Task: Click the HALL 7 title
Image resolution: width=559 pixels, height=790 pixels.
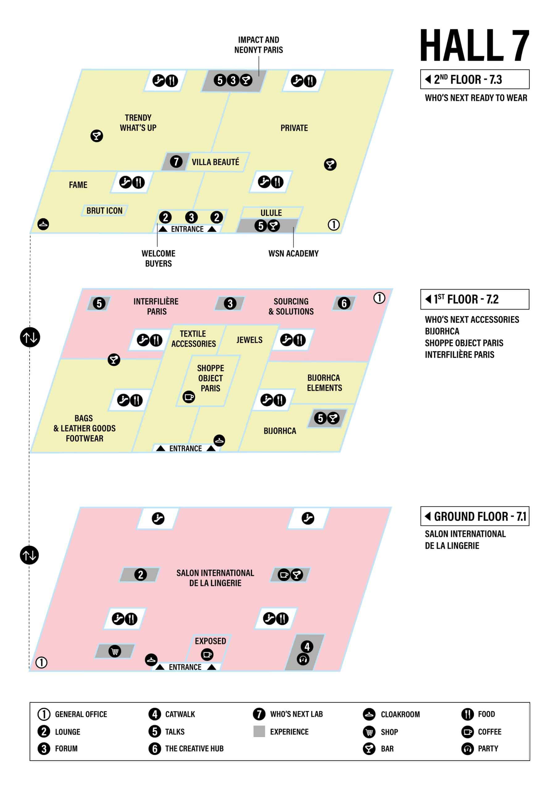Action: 474,45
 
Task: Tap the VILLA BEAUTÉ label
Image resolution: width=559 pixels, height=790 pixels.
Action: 215,162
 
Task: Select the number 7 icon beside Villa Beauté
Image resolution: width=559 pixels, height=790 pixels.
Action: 176,161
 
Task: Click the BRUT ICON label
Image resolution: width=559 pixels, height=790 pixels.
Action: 104,210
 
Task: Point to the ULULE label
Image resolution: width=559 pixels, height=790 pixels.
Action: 271,213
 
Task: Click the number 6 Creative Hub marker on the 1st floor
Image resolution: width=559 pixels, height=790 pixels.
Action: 344,303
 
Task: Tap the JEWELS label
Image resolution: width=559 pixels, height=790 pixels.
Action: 249,340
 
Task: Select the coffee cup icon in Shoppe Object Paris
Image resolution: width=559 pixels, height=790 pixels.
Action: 189,397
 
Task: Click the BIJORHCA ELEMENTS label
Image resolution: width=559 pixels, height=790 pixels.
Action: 324,383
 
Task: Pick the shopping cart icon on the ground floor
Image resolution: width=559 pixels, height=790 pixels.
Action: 115,651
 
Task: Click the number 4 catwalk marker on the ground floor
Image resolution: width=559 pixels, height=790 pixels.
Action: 307,647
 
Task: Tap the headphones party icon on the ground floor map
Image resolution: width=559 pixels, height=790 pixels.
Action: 303,659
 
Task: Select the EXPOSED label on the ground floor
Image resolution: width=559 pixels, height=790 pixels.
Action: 210,641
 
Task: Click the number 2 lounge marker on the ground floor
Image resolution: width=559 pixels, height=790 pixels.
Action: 140,575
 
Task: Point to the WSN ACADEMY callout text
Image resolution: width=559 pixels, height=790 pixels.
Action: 293,254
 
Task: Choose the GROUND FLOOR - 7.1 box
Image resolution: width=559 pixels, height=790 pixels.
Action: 474,516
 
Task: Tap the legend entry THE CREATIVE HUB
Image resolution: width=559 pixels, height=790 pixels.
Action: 194,748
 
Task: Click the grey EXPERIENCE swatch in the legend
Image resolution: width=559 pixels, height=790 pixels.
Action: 259,731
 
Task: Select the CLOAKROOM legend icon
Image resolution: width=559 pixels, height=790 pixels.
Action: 369,714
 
